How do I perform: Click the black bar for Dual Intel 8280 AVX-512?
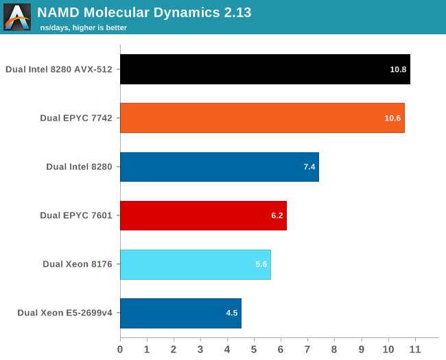click(x=265, y=69)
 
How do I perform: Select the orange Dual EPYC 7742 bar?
click(x=262, y=118)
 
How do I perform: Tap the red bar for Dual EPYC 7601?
click(x=203, y=215)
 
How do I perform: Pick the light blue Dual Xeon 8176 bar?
click(x=196, y=265)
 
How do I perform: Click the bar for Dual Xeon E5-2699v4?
click(x=180, y=313)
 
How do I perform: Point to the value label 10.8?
click(x=398, y=69)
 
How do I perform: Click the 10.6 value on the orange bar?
click(x=392, y=118)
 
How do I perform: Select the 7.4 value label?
click(x=309, y=167)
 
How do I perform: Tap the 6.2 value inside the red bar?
click(x=277, y=215)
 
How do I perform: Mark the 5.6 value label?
click(x=261, y=265)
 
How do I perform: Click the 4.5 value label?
click(x=232, y=313)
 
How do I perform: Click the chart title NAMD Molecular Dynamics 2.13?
click(x=144, y=12)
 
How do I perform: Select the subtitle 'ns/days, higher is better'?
click(x=84, y=27)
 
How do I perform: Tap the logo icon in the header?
click(x=17, y=17)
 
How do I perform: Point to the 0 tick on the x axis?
click(x=120, y=349)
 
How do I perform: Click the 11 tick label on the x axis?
click(x=414, y=349)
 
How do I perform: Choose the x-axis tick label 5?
click(x=254, y=349)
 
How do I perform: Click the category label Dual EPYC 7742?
click(x=76, y=118)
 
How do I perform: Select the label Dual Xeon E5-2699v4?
click(x=64, y=313)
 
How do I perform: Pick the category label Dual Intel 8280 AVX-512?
click(x=59, y=69)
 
